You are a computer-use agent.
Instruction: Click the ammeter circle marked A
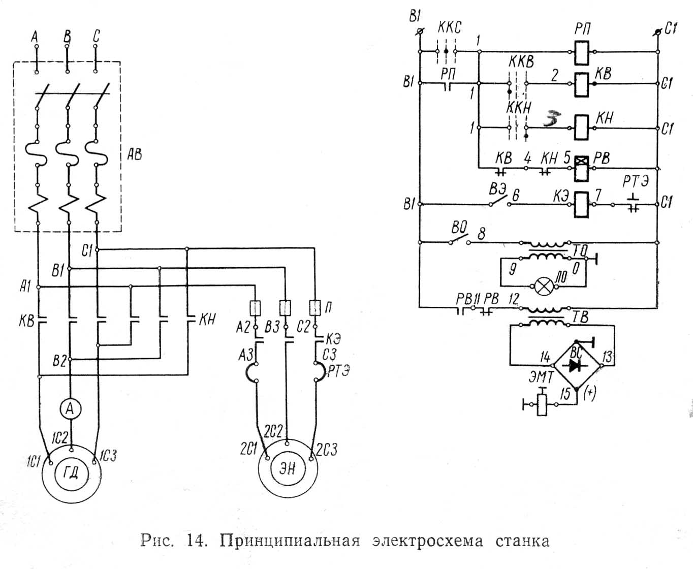tap(71, 408)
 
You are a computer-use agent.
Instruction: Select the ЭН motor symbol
tap(288, 468)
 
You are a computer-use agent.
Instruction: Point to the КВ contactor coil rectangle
tap(582, 84)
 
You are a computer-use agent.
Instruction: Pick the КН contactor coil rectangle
tap(582, 127)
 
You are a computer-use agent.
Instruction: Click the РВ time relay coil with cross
tap(582, 168)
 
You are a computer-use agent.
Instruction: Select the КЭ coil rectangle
tap(582, 204)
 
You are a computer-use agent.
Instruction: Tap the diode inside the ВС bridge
tap(576, 365)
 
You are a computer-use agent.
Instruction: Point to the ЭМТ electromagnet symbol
tap(543, 404)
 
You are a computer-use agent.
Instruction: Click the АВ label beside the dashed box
tap(135, 154)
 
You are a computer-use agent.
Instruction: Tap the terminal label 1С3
tap(108, 455)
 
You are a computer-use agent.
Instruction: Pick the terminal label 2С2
tap(273, 431)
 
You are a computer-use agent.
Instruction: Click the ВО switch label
tap(459, 226)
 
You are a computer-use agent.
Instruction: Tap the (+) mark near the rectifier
tap(590, 394)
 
